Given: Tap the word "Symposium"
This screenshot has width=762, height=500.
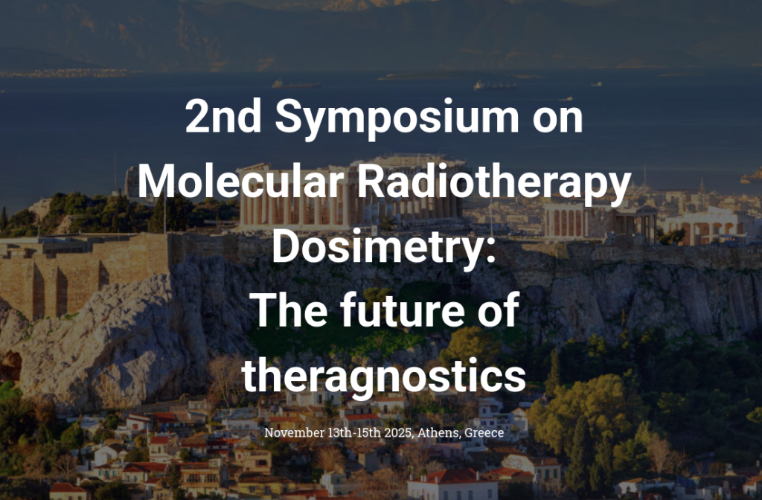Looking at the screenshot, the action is coord(397,119).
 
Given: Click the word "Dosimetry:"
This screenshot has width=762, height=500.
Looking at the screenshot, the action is coord(383,248).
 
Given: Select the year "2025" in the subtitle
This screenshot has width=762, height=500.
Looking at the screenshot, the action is coord(398,432).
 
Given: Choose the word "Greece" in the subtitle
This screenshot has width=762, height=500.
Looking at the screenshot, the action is coord(484,432).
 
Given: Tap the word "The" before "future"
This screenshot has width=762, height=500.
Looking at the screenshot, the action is coord(289,310).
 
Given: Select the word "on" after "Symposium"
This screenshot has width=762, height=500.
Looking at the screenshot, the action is coord(557,120).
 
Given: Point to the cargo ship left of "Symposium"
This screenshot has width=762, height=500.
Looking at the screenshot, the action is coord(295,84).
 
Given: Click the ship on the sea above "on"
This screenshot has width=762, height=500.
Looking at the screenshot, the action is coord(495,86).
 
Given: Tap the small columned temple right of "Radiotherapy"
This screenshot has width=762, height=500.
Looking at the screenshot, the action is coord(601,222).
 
